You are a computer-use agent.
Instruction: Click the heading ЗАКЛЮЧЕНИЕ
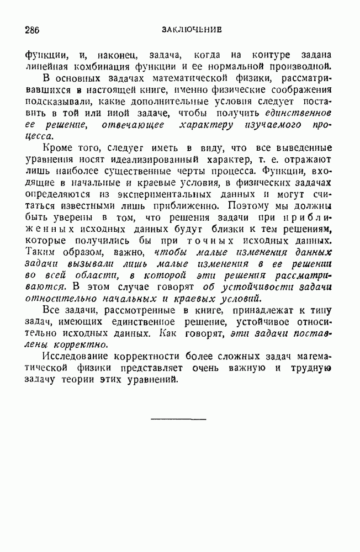pos(192,30)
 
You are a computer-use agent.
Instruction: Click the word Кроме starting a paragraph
pos(57,150)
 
